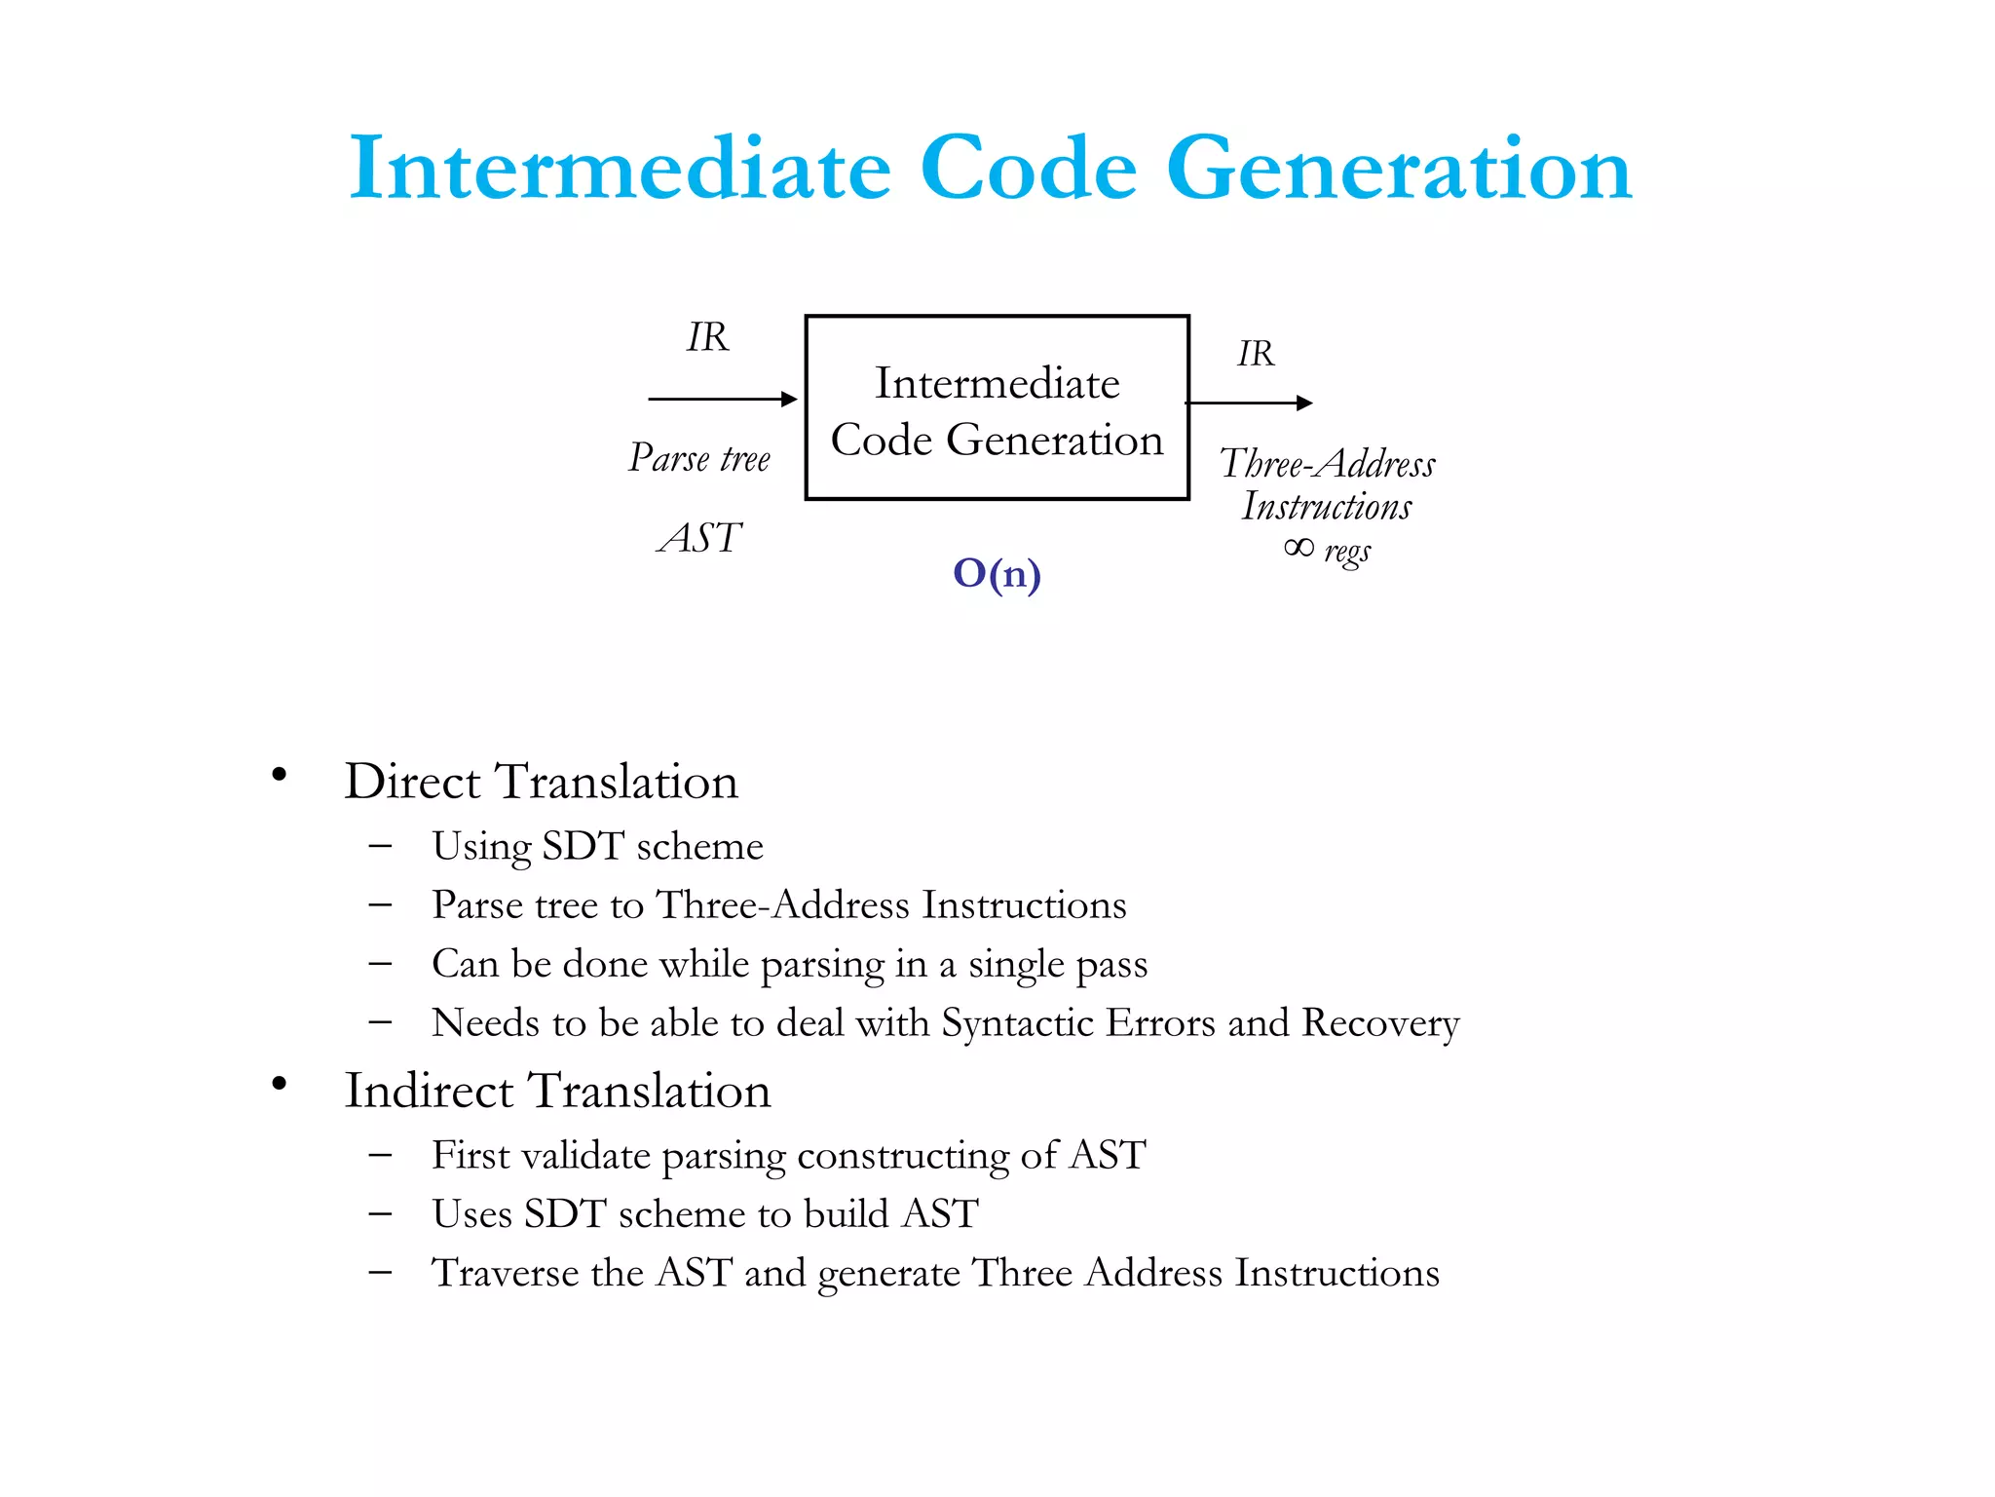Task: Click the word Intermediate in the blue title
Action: (x=620, y=169)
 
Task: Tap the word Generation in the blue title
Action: (x=1399, y=169)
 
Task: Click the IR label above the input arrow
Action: (x=707, y=337)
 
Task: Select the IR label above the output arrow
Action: (x=1256, y=354)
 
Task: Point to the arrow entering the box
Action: (x=722, y=399)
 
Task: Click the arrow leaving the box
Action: (x=1249, y=403)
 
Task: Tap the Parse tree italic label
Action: (x=699, y=458)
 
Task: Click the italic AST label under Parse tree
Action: (x=699, y=538)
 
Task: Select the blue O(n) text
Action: (x=997, y=574)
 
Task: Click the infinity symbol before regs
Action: (x=1299, y=548)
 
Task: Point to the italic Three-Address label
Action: (x=1327, y=464)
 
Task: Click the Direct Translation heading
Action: (x=542, y=782)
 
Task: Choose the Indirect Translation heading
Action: (x=557, y=1091)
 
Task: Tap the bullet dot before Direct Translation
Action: (x=280, y=776)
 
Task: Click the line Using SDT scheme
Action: (x=597, y=846)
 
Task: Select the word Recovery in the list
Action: (x=1380, y=1023)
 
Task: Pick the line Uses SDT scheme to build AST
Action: (x=704, y=1214)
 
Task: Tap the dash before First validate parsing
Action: (x=380, y=1156)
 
